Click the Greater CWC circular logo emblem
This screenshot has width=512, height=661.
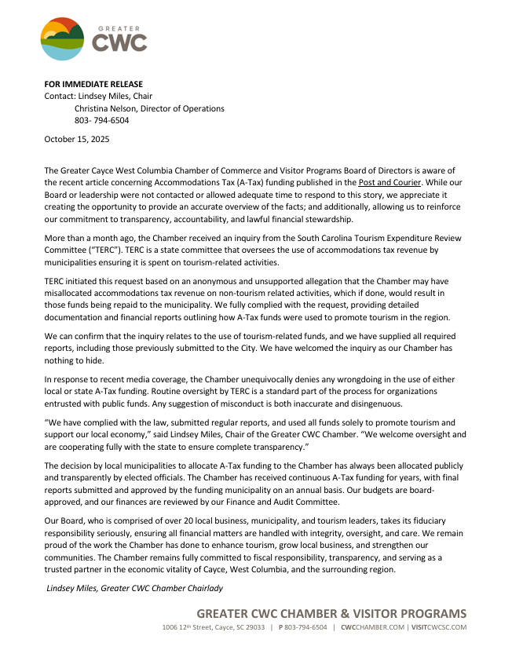[x=63, y=38]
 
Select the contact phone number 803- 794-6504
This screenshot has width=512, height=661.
[x=102, y=121]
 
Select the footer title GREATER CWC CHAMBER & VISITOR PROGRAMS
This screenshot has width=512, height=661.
[x=331, y=614]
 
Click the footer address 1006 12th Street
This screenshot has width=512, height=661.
[x=193, y=628]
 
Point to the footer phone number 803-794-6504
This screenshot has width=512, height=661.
[x=306, y=628]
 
